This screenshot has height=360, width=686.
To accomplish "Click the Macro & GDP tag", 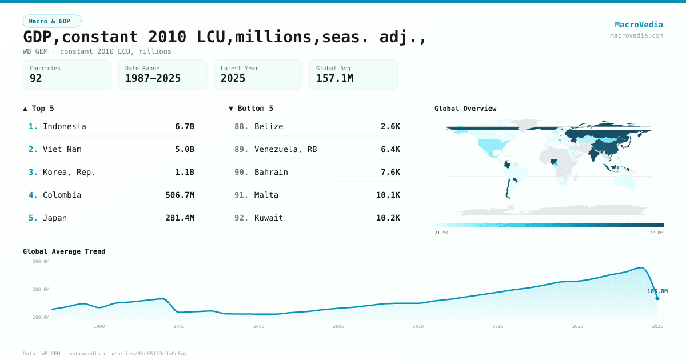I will click(52, 21).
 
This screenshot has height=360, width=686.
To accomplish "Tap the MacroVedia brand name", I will click(639, 25).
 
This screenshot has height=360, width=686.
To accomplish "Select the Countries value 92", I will click(36, 78).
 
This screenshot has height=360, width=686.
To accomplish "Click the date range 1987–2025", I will click(153, 78).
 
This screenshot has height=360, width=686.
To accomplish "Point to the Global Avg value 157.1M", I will click(334, 78).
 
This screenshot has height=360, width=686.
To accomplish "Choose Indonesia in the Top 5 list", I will click(64, 126).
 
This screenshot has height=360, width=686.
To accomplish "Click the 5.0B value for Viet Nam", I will click(184, 149).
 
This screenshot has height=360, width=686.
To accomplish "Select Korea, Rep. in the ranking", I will click(69, 172).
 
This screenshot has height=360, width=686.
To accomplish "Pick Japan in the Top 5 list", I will click(54, 218).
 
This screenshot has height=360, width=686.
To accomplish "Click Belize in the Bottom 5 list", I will click(269, 126).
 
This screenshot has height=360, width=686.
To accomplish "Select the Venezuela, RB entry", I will click(285, 149).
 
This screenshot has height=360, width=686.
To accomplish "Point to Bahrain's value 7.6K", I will click(390, 172).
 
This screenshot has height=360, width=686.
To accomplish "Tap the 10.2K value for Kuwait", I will click(388, 218).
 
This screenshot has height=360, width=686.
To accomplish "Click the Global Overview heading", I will click(465, 109).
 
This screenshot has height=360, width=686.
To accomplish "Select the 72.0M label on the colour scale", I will click(656, 233).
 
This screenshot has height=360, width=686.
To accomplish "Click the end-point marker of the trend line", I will click(657, 298).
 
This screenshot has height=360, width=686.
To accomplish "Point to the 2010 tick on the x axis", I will click(418, 326).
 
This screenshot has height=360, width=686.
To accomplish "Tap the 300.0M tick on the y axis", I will click(41, 262).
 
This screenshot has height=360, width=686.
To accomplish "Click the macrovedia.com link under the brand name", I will click(636, 35).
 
